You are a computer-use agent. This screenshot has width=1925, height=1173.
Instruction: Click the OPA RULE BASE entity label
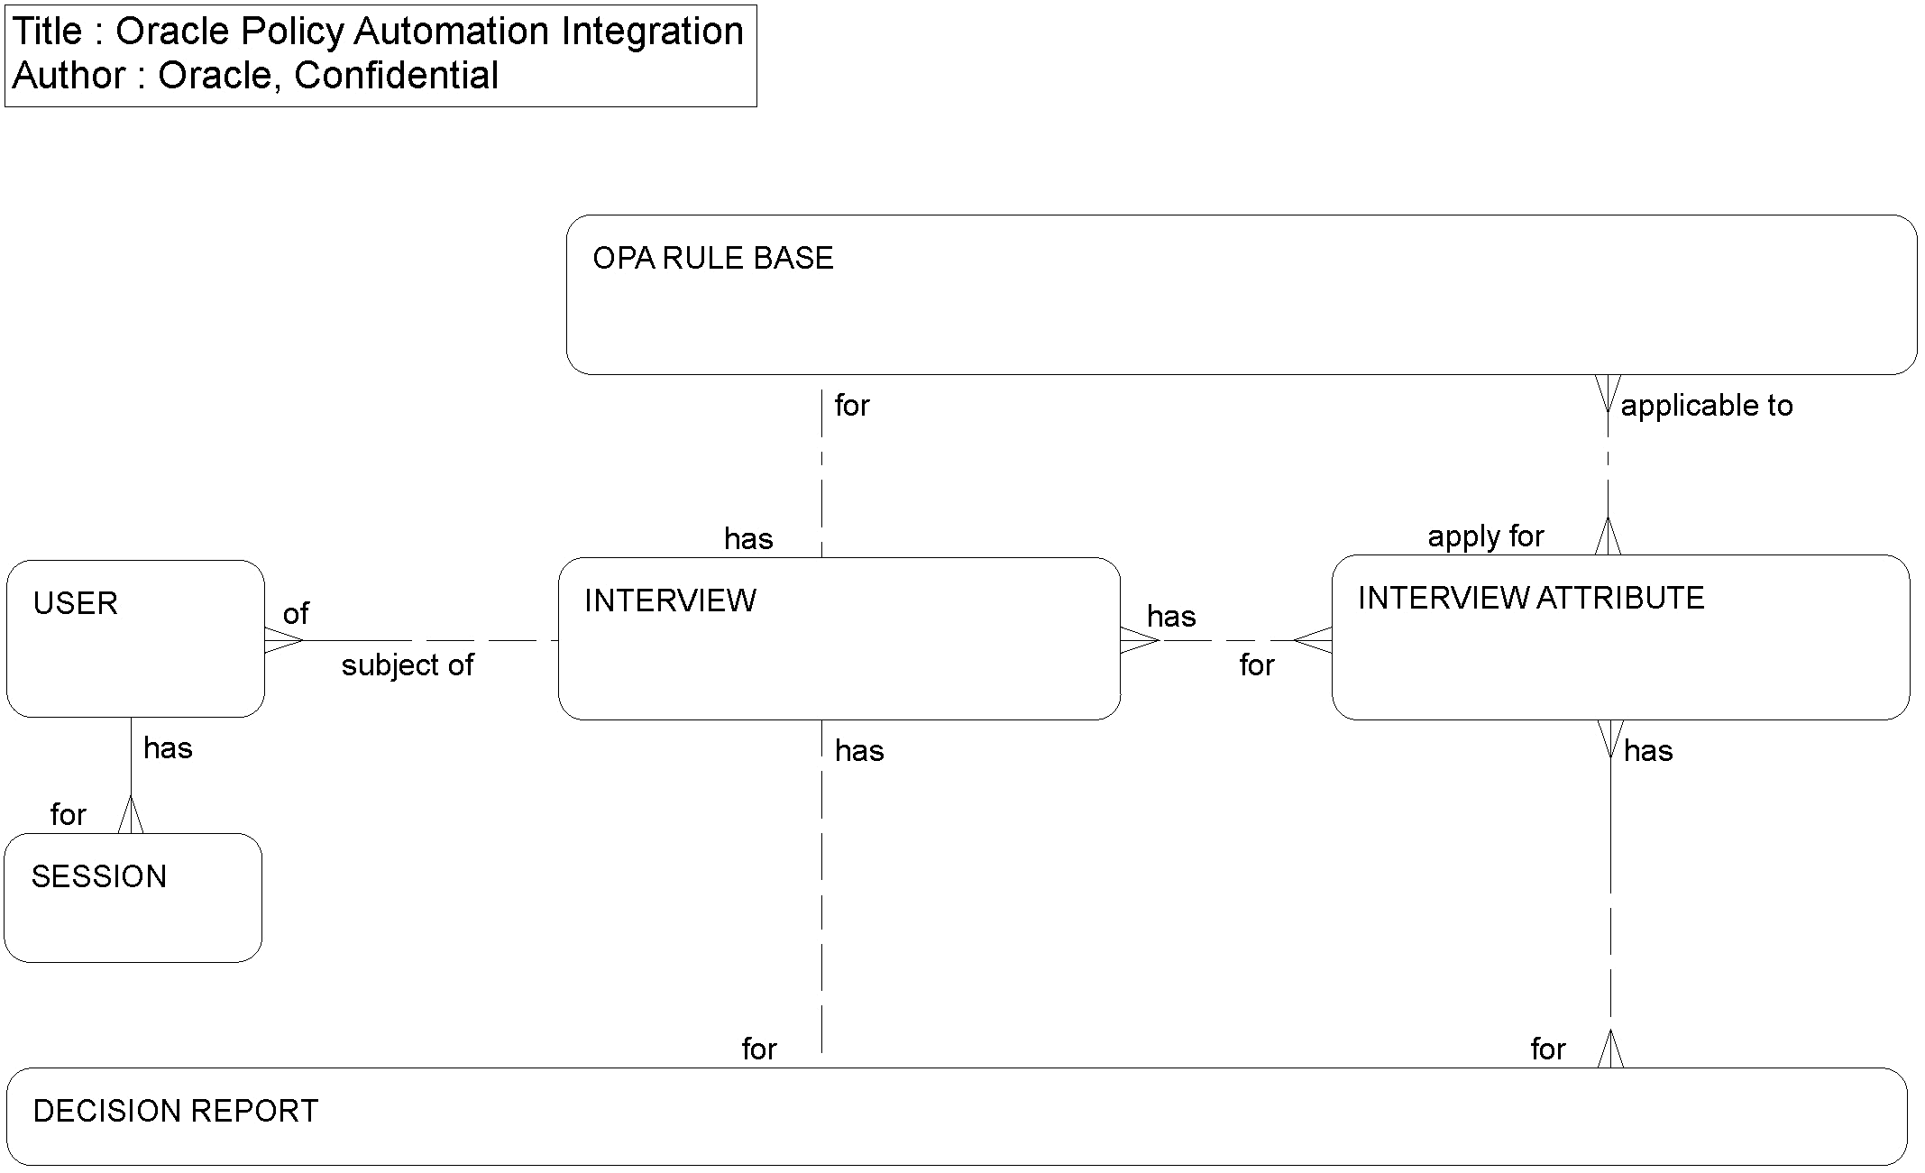[x=712, y=259]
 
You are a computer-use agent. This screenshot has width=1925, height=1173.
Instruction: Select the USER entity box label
[x=76, y=604]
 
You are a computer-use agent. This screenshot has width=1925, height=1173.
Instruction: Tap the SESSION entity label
[x=99, y=877]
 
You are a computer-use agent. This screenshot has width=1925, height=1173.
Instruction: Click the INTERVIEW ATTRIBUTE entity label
[x=1530, y=599]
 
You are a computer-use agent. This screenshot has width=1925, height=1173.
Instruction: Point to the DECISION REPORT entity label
[x=176, y=1112]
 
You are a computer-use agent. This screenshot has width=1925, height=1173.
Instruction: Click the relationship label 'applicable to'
[x=1706, y=407]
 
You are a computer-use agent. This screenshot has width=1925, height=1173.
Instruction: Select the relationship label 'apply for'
[x=1485, y=537]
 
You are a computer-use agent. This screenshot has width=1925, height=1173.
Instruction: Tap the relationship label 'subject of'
[x=407, y=666]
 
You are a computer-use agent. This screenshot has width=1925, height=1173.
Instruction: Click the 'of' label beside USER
[x=296, y=615]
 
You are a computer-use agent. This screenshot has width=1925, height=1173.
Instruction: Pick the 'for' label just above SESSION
[x=69, y=816]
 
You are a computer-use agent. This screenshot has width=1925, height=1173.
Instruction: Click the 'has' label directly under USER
[x=168, y=749]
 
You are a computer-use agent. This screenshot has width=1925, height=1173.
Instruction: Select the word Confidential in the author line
[x=396, y=76]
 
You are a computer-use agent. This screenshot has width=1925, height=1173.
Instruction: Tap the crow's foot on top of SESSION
[x=131, y=816]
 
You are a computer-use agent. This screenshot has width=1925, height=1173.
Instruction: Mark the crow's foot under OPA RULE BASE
[x=1608, y=393]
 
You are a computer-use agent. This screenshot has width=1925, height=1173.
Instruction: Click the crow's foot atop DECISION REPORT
[x=1610, y=1050]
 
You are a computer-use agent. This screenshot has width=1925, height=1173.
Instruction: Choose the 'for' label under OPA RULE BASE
[x=852, y=407]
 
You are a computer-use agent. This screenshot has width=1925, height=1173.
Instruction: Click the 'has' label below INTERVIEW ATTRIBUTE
[x=1648, y=752]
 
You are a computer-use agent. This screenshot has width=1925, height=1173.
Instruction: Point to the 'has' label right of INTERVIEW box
[x=1171, y=618]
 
